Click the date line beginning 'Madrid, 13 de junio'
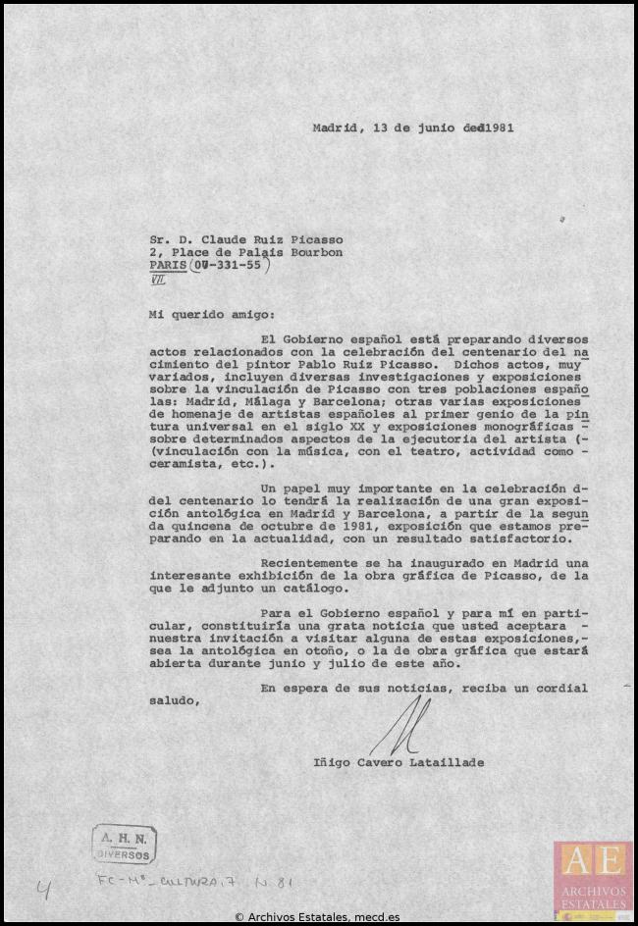413,128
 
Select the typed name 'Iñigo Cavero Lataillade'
399,762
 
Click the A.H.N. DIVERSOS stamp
125,844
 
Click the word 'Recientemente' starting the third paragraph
308,563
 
